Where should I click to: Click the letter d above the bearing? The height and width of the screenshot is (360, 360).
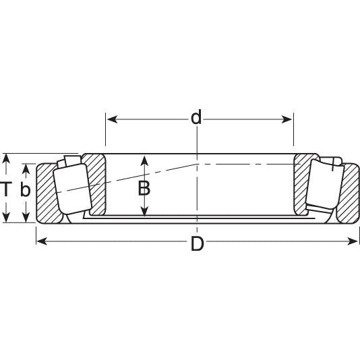[x=196, y=118]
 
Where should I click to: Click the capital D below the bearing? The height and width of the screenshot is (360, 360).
[x=197, y=243]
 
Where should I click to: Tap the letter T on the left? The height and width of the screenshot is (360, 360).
[x=7, y=189]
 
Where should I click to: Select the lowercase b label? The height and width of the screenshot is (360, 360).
[x=26, y=191]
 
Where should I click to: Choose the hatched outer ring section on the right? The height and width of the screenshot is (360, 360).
[x=349, y=196]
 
